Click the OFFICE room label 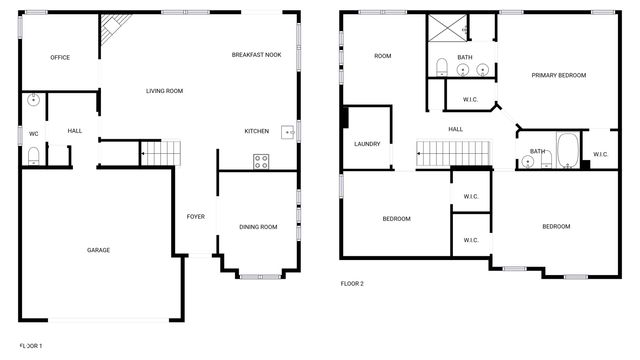coord(60,57)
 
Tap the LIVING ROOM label coord(164,91)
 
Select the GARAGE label coord(98,250)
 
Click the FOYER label coord(196,216)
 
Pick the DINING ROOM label coord(258,227)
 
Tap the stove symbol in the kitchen coord(261,160)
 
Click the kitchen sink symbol coord(288,131)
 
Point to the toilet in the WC coord(33,154)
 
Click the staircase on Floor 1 coord(162,153)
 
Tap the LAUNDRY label coord(367,144)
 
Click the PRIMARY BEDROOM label coord(558,76)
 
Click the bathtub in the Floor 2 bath coord(566,150)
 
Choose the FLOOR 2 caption coord(352,284)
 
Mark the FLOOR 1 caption coord(31,346)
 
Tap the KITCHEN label coord(257,131)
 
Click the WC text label coord(33,133)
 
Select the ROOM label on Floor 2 coord(382,56)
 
